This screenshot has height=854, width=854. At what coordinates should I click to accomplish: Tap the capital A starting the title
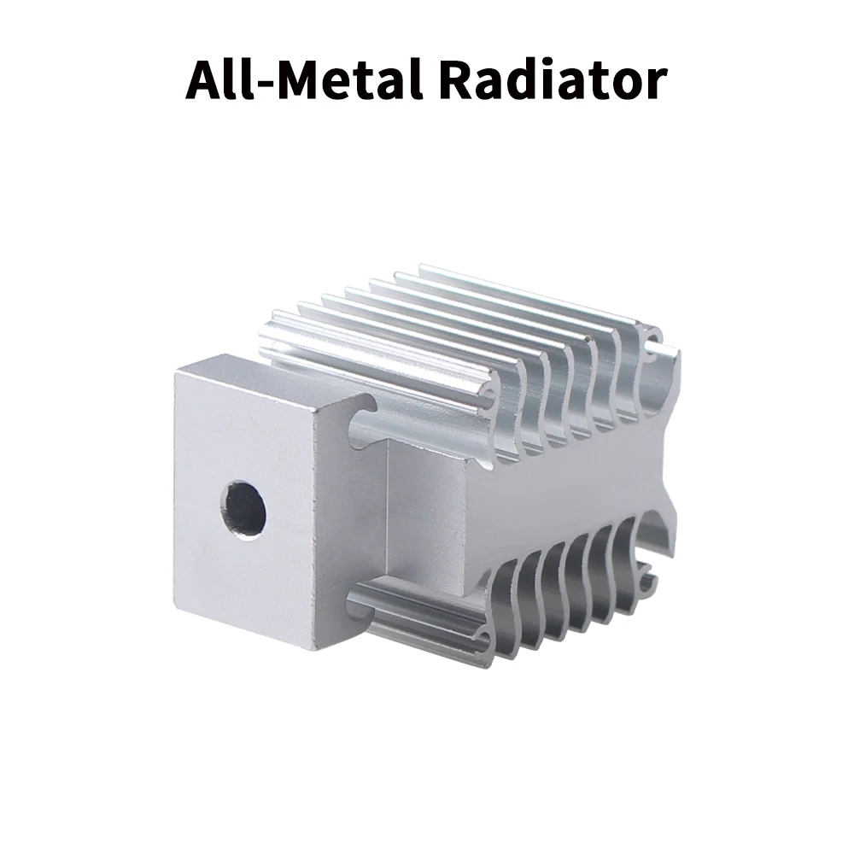click(205, 81)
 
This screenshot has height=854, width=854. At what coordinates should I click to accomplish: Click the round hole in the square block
click(246, 508)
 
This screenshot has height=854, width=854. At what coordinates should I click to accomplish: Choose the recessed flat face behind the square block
click(427, 512)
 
